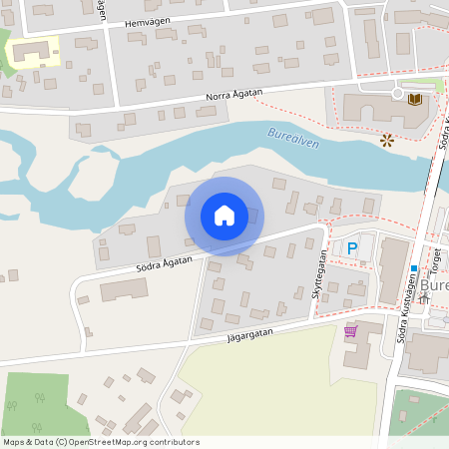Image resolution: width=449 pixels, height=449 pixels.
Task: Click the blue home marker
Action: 224,216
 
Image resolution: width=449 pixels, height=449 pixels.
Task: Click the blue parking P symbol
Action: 351,247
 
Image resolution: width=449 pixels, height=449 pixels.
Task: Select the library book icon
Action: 413,98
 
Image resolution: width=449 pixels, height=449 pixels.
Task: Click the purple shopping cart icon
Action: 350,331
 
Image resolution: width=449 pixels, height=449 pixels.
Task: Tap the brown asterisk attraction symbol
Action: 386,141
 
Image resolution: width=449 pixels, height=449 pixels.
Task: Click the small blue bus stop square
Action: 413,268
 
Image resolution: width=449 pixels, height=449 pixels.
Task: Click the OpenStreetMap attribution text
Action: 100,442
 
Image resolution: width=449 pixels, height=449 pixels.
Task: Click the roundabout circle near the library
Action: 380,89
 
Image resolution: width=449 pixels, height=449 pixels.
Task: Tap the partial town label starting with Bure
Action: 436,284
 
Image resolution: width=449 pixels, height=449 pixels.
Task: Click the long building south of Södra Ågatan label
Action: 125,289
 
